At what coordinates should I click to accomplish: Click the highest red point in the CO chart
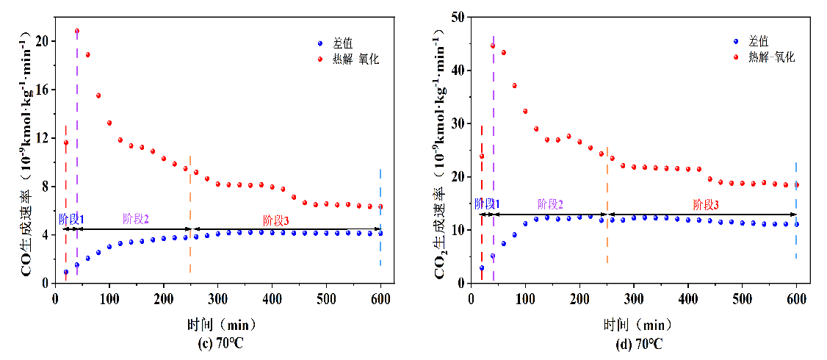[x=77, y=32]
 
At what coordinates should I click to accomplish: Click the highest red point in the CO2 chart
[x=493, y=46]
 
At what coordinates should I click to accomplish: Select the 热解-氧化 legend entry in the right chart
[x=770, y=57]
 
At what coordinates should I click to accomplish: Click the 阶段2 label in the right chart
[x=550, y=204]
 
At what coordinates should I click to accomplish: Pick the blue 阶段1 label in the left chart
[x=71, y=219]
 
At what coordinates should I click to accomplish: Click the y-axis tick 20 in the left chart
[x=42, y=41]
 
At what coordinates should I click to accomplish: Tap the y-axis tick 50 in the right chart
[x=458, y=17]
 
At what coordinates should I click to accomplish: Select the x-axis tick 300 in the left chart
[x=218, y=298]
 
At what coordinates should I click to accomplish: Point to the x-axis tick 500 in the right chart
[x=743, y=298]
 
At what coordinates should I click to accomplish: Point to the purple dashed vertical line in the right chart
[x=494, y=147]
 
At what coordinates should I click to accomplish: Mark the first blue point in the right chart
[x=482, y=268]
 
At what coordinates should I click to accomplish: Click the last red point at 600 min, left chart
[x=380, y=206]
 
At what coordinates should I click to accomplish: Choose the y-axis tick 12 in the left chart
[x=42, y=138]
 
